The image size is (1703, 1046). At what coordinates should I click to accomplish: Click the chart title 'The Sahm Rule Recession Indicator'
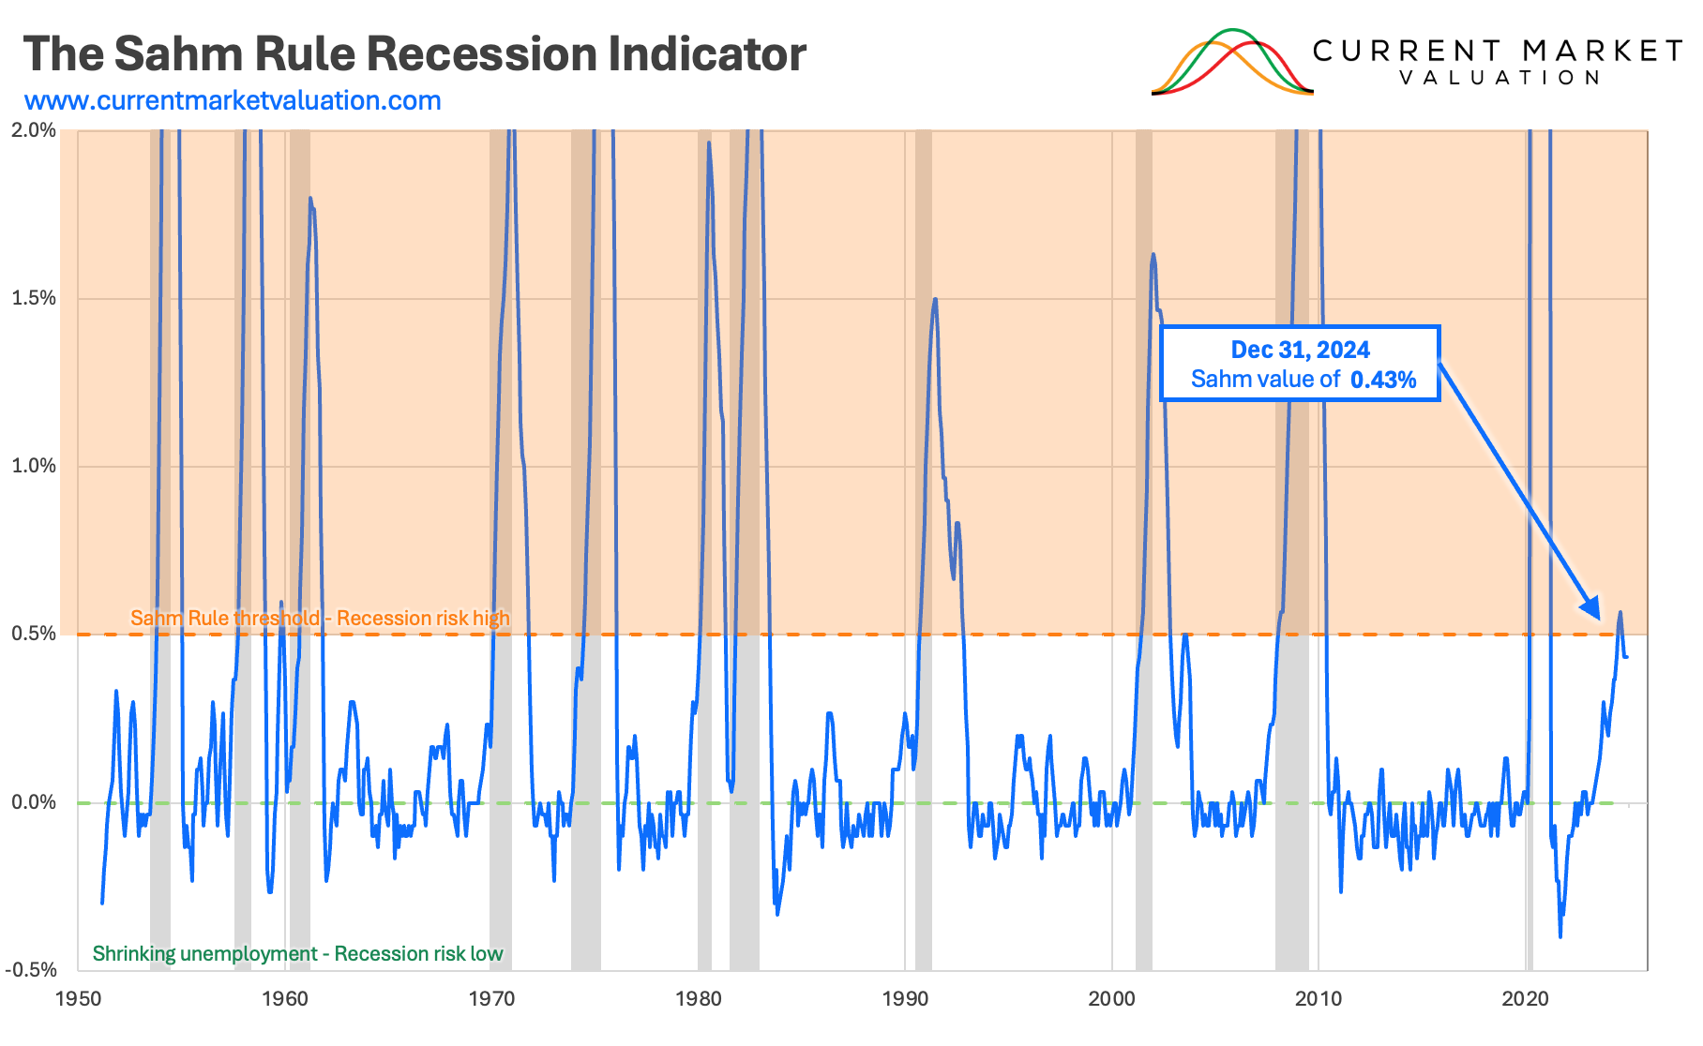coord(414,54)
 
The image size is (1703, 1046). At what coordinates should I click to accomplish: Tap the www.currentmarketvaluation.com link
coord(233,101)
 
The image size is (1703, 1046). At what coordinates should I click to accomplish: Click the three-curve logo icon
coord(1231,63)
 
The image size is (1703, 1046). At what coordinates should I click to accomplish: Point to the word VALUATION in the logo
coord(1500,78)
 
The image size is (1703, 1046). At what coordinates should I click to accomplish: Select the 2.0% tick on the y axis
coord(34,130)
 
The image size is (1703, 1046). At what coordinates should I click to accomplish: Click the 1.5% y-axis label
coord(34,298)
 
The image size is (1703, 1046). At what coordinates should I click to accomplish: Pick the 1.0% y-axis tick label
coord(34,466)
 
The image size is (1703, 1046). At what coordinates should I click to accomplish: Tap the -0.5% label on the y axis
coord(31,970)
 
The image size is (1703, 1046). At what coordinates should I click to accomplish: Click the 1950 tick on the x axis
coord(79,999)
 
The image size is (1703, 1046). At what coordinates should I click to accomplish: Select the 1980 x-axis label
coord(699,999)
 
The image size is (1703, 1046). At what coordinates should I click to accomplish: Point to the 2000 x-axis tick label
coord(1112,999)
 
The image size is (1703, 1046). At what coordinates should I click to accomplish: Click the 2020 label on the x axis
coord(1526,999)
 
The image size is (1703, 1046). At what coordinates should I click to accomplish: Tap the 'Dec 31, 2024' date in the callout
coord(1300,350)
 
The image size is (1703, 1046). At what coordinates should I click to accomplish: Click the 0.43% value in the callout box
coord(1383,380)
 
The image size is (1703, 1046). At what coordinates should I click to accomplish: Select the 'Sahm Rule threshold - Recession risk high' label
coord(320,619)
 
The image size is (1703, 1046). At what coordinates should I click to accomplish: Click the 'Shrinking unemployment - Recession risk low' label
coord(297,954)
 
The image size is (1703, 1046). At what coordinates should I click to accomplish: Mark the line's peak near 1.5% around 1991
coord(934,299)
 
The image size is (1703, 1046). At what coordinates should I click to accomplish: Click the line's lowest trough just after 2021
coord(1560,935)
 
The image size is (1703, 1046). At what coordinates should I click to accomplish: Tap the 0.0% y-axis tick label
coord(34,802)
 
